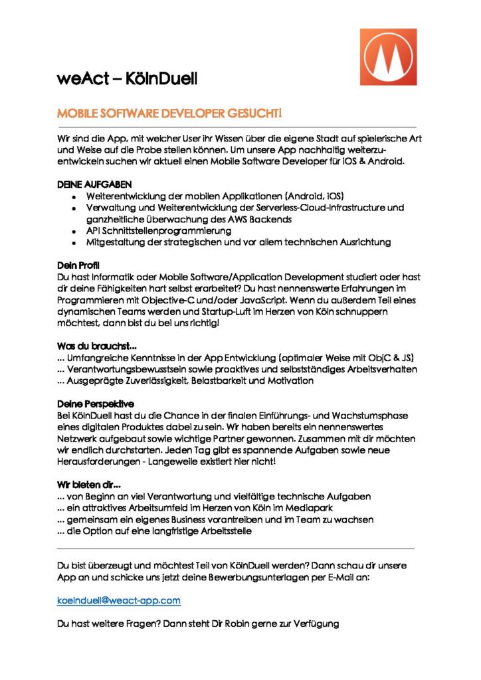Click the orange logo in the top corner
[x=388, y=56]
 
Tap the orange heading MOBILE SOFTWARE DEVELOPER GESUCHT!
[x=169, y=114]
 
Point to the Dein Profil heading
[x=77, y=266]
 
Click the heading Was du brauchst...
[x=97, y=346]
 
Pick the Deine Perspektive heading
[x=96, y=404]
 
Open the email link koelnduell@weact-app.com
[x=119, y=600]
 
